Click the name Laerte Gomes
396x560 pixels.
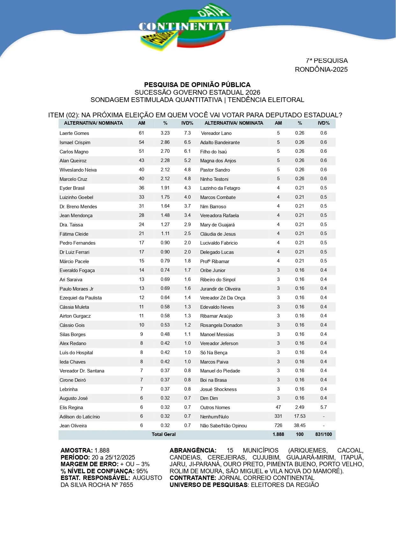coord(74,133)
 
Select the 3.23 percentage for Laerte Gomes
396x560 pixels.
coord(165,133)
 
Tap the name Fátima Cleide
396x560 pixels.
coord(74,234)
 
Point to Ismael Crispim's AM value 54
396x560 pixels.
coord(142,142)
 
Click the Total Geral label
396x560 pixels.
coord(164,434)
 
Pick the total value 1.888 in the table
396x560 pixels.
coord(278,434)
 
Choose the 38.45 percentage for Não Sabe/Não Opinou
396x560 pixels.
coord(300,425)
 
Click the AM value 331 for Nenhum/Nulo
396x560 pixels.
coord(278,416)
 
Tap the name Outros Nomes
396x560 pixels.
coord(215,408)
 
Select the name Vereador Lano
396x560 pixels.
coord(216,133)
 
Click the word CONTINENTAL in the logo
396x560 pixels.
coord(185,27)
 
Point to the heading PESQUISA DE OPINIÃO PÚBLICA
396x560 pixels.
coord(197,85)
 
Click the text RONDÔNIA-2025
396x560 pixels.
coord(321,70)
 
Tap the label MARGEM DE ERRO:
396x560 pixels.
coord(90,464)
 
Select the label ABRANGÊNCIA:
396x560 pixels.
coord(193,451)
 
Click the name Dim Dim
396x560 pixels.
coord(209,398)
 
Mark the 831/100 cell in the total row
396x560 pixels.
coord(324,434)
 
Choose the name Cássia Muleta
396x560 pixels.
coord(74,307)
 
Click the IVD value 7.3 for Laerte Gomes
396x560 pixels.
coord(187,133)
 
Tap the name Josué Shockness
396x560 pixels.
coord(218,389)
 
